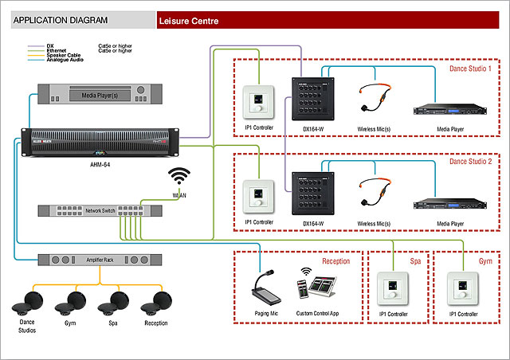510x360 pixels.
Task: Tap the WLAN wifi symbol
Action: [179, 177]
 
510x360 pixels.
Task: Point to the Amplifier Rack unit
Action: [100, 260]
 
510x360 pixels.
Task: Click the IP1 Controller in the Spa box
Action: [394, 289]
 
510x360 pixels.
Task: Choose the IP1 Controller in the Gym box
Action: [462, 289]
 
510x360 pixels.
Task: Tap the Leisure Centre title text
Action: [189, 21]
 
